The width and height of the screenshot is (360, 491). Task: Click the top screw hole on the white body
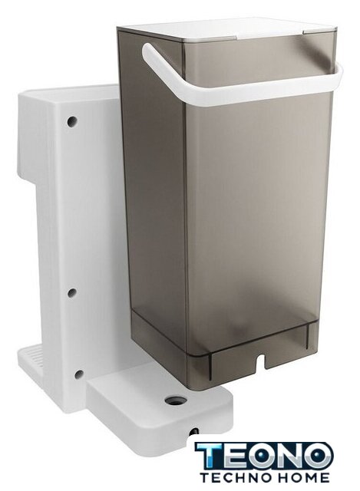tap(72, 121)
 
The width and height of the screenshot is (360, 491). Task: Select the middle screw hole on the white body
tap(72, 293)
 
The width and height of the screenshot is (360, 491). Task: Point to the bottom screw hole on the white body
tap(79, 374)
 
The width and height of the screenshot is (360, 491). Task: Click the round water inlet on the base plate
tap(176, 399)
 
